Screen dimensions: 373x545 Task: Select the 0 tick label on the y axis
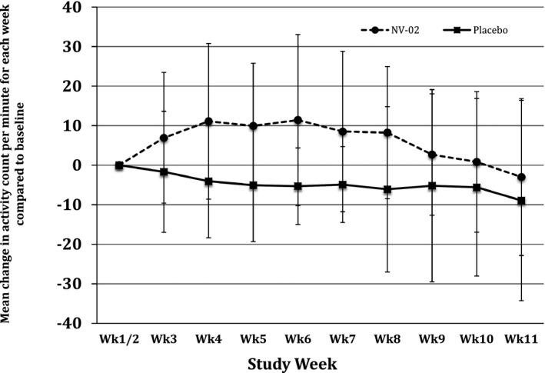(x=85, y=165)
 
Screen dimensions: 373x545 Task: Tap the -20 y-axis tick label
(x=77, y=245)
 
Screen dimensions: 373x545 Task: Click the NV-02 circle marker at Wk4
(x=208, y=122)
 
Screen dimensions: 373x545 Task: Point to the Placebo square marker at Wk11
(x=521, y=201)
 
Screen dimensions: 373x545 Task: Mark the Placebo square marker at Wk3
(x=164, y=172)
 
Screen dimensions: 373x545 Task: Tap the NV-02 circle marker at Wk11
(x=521, y=177)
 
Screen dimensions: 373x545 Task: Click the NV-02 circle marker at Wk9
(x=432, y=155)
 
